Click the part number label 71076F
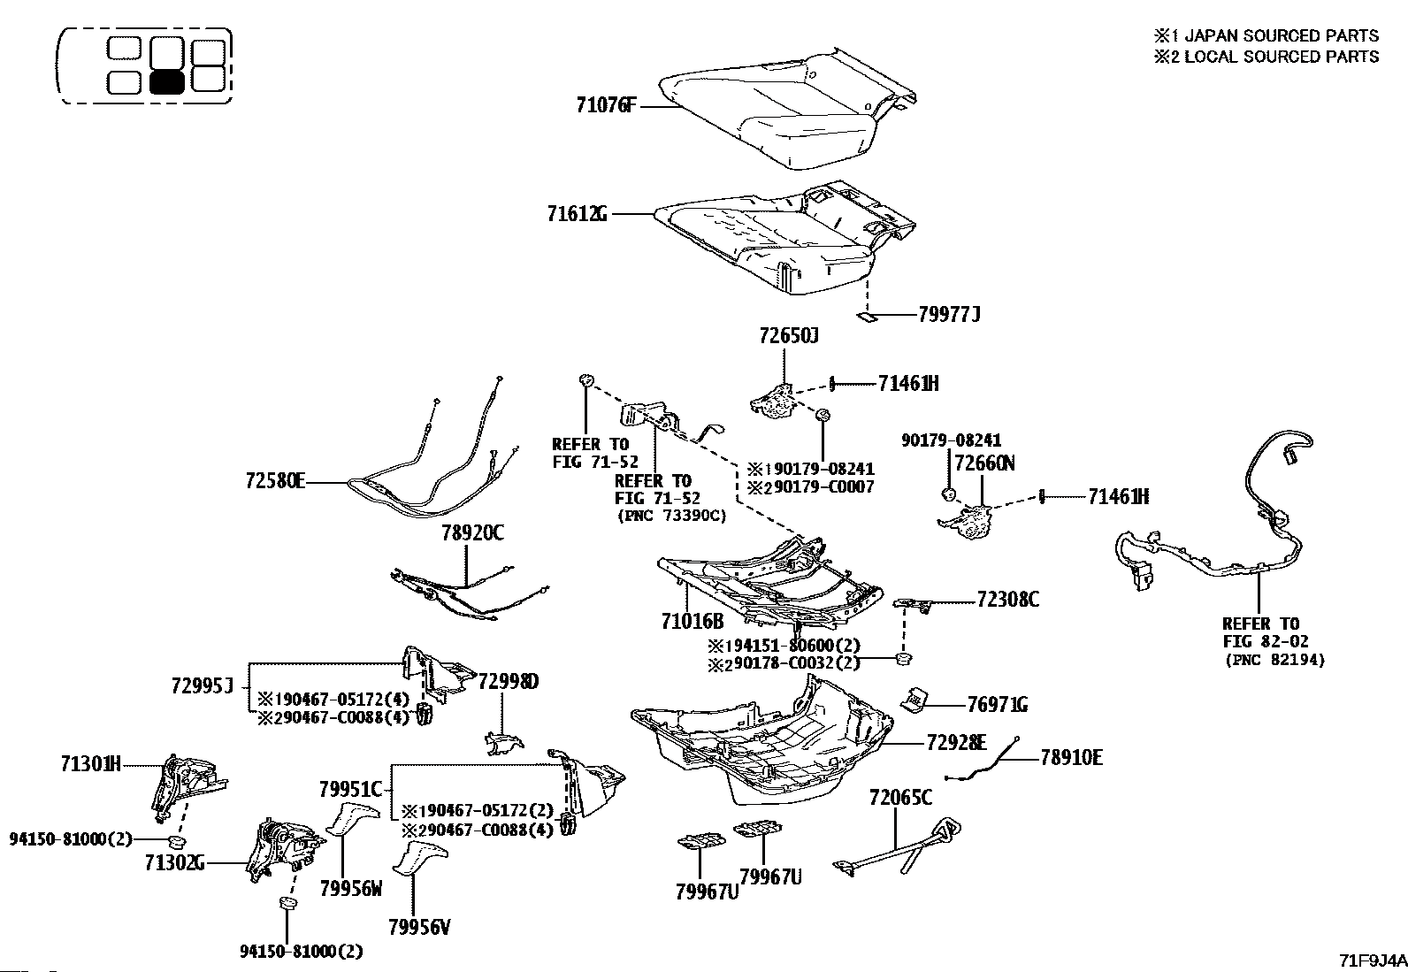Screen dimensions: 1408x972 click(606, 105)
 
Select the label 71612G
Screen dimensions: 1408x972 click(577, 214)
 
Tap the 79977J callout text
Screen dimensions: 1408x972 click(949, 314)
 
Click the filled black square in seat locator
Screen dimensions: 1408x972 click(167, 81)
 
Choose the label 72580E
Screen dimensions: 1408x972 click(275, 482)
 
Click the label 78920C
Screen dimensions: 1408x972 click(472, 533)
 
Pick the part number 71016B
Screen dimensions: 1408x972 click(692, 621)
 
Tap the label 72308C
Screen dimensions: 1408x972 click(1007, 600)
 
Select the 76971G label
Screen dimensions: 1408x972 click(997, 705)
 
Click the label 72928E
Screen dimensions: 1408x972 click(956, 743)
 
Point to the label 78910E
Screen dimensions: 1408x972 click(1071, 758)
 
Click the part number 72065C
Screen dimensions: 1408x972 click(900, 797)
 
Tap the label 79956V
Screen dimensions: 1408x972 click(419, 927)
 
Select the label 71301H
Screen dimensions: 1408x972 click(90, 764)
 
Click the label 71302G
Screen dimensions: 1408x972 click(175, 863)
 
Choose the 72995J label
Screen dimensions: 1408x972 click(202, 685)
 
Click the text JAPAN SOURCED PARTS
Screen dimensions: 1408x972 click(1281, 35)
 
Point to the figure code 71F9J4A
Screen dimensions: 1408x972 click(1373, 961)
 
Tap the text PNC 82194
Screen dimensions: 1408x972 click(1275, 660)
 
